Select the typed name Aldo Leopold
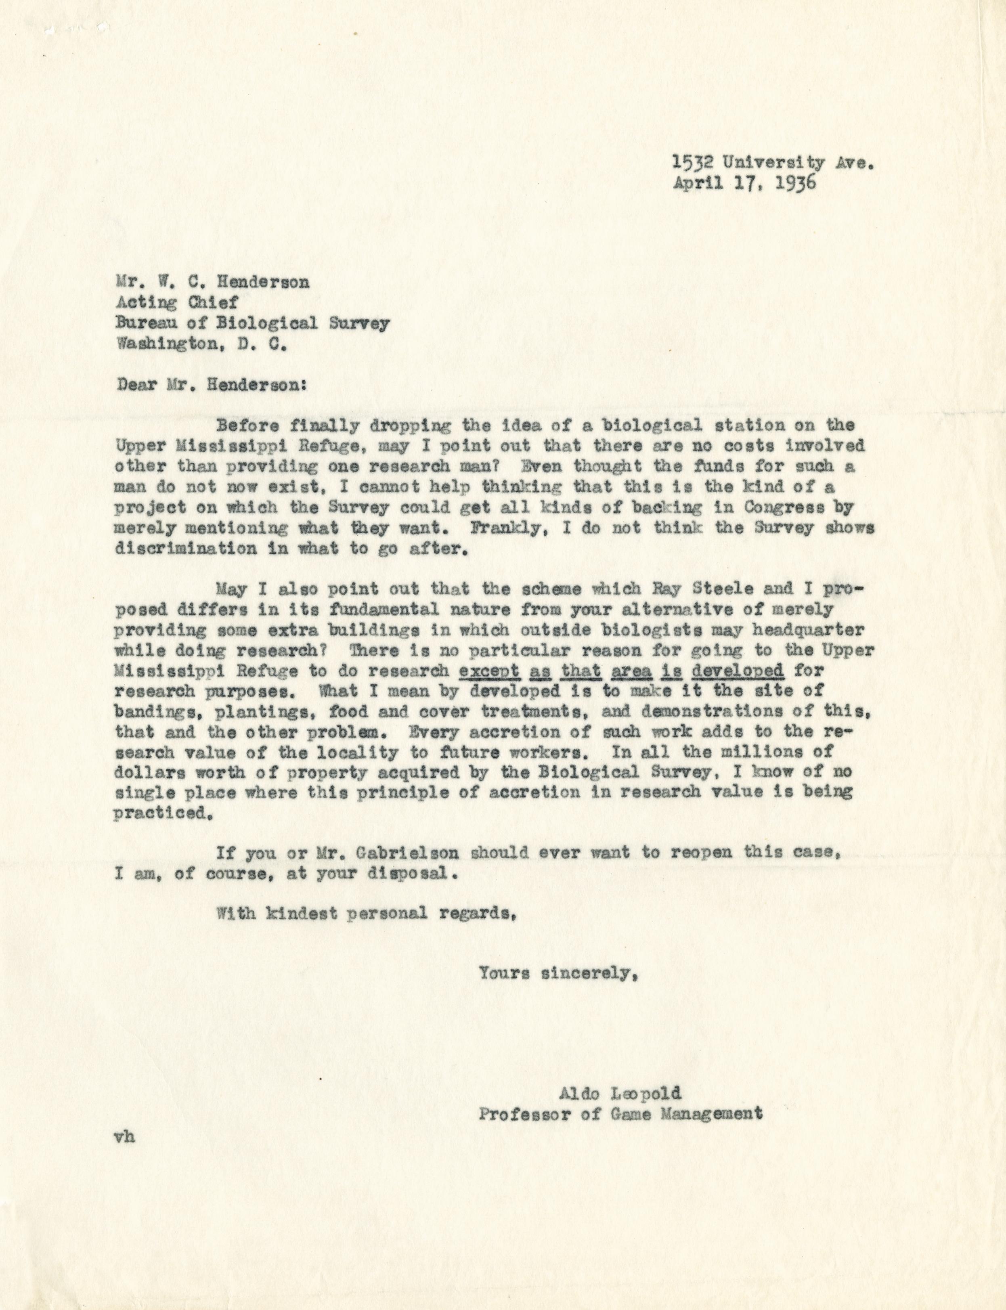point(620,1094)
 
